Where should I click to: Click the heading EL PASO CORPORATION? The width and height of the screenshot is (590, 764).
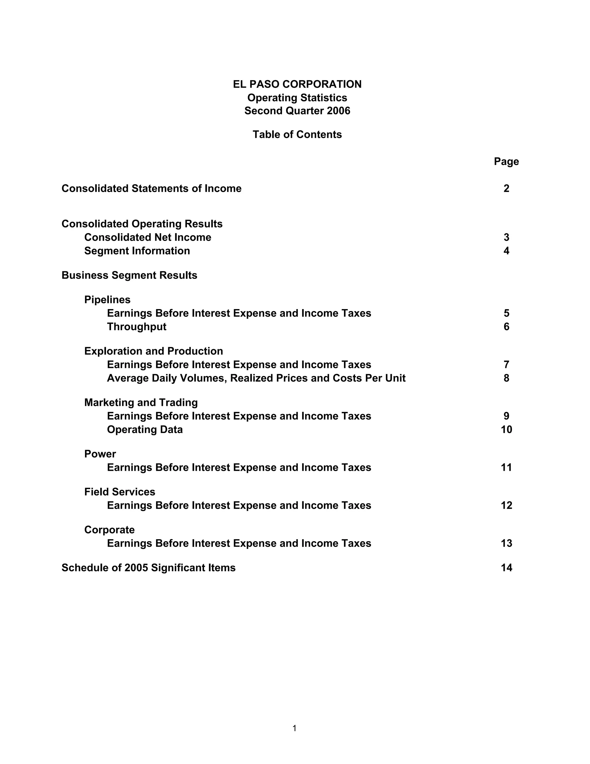[x=297, y=84]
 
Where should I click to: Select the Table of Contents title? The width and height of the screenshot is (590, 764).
[x=297, y=135]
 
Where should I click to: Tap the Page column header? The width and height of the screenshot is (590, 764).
[x=506, y=162]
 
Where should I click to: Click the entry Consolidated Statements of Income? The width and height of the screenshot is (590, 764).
[x=151, y=189]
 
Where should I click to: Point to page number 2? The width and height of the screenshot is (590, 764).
[x=506, y=189]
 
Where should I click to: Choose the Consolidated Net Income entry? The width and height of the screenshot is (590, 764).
[x=147, y=238]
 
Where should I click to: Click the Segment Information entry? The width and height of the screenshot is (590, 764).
[x=137, y=251]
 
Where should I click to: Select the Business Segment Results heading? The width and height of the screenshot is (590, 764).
[x=129, y=275]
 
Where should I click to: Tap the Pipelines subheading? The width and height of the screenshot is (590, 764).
[x=107, y=300]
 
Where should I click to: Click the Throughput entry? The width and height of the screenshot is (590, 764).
[x=137, y=327]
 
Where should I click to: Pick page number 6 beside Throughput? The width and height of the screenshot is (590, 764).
[x=506, y=327]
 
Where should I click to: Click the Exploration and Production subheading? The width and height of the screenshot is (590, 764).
[x=154, y=351]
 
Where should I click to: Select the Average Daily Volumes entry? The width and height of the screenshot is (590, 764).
[x=256, y=378]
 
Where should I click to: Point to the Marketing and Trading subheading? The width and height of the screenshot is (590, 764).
[x=141, y=403]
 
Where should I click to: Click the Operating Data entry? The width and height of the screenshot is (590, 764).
[x=145, y=430]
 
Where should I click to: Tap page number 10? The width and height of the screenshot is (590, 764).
[x=506, y=430]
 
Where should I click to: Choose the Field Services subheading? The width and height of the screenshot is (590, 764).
[x=120, y=492]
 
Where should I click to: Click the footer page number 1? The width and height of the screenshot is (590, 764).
[x=295, y=728]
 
